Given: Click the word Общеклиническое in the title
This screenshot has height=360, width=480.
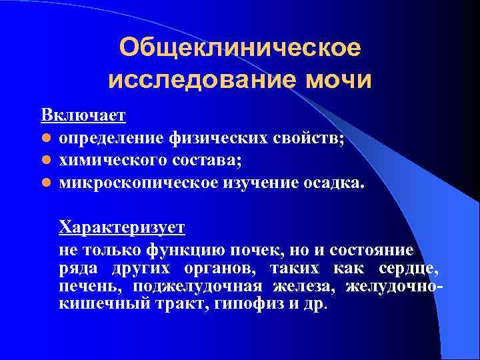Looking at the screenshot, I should point(239,47).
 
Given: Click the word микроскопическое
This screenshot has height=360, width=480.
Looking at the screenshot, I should point(137,182).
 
